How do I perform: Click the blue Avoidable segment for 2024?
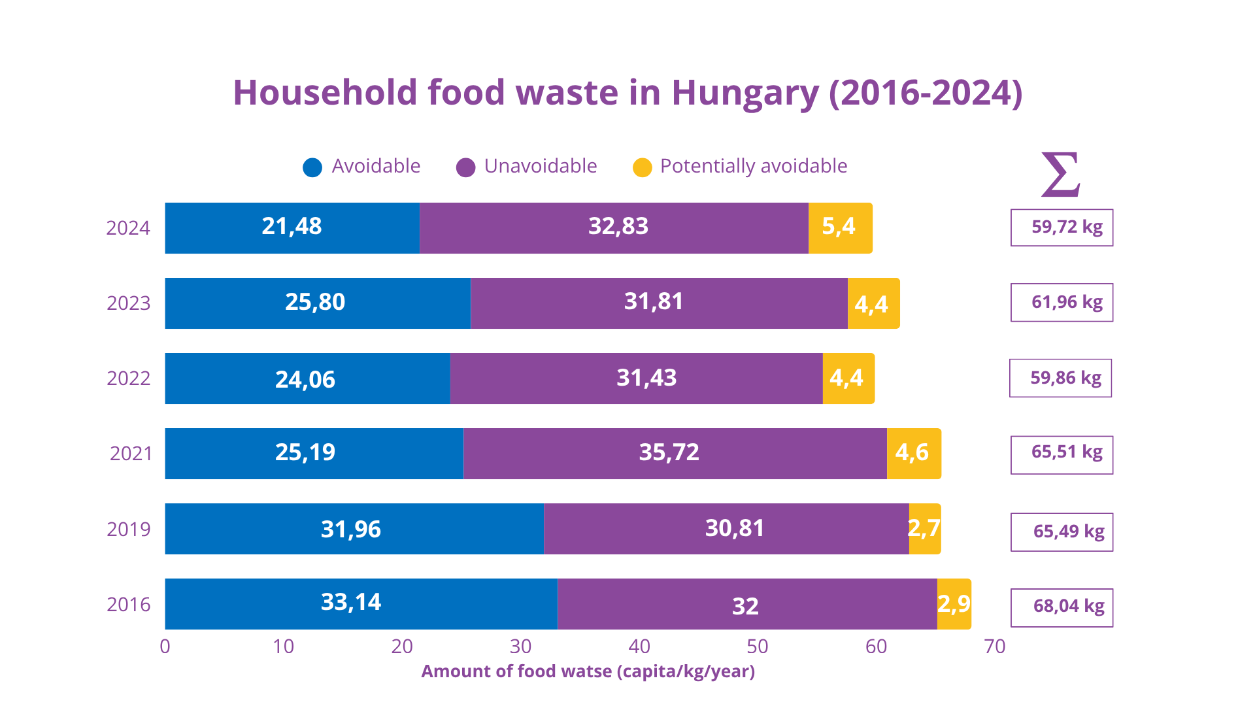[292, 227]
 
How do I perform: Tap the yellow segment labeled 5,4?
[840, 227]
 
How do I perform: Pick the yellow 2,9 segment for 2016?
[954, 604]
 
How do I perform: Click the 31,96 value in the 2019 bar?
[351, 529]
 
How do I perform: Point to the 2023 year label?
[128, 303]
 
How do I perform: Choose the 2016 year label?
[128, 605]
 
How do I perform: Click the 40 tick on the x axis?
[639, 647]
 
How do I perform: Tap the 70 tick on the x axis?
[994, 647]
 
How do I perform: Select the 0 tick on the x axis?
[165, 647]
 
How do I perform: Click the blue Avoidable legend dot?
[312, 167]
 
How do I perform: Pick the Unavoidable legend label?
[540, 166]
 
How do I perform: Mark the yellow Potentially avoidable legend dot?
[643, 167]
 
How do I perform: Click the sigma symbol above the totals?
[1060, 175]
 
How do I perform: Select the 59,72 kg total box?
[1062, 227]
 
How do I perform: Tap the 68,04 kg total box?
[1062, 607]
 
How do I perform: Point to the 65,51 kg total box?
[1062, 454]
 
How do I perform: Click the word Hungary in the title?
[745, 93]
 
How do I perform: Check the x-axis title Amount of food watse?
[588, 671]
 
